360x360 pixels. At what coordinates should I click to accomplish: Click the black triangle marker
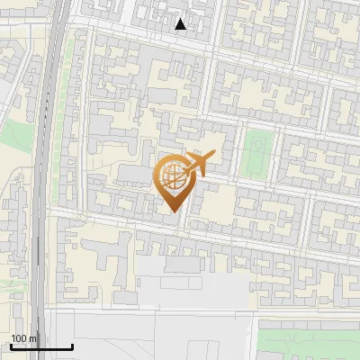(x=181, y=24)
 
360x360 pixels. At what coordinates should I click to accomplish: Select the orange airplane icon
(x=199, y=164)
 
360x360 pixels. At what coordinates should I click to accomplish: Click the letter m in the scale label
(x=33, y=338)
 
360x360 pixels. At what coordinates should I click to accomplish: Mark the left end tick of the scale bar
(x=11, y=346)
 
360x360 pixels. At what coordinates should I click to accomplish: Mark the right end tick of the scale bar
(x=72, y=346)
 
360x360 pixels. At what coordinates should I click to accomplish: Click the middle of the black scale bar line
(x=41, y=347)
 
